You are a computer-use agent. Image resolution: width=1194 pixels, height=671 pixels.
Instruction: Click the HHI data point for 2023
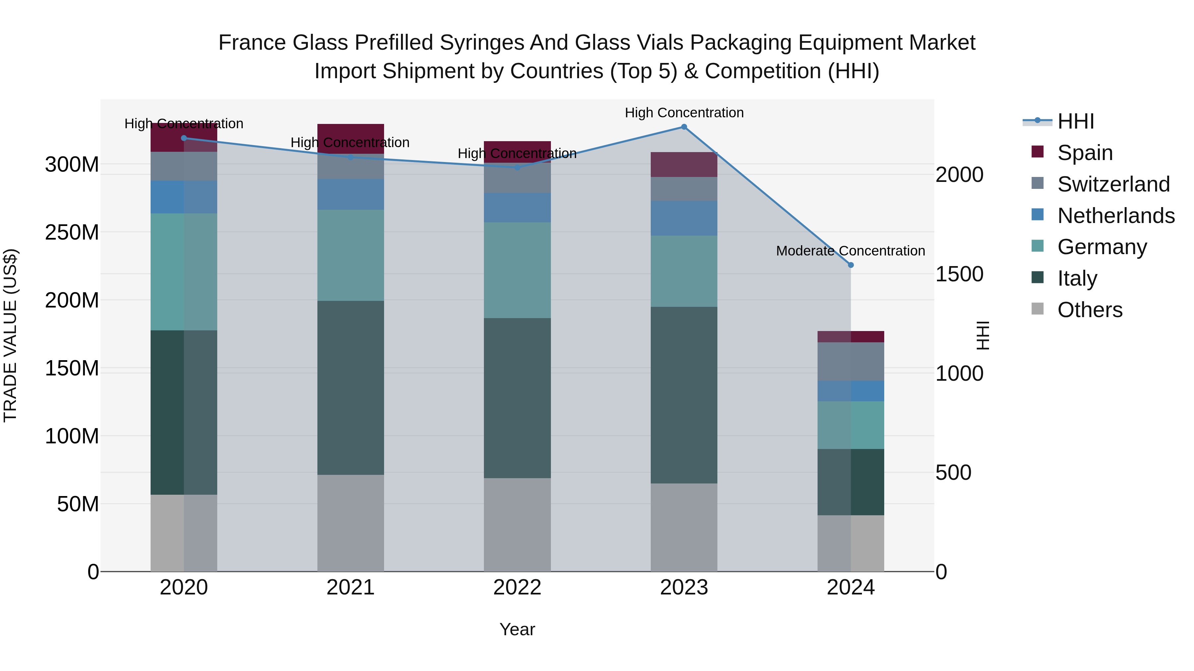(x=684, y=127)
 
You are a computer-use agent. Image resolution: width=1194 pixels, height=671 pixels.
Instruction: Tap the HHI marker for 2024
(x=850, y=265)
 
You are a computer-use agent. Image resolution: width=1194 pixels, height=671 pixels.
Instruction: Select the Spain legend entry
(x=1085, y=153)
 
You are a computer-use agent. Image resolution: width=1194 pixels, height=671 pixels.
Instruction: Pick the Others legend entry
(x=1089, y=310)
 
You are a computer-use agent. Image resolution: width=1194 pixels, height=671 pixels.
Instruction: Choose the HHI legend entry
(x=1075, y=121)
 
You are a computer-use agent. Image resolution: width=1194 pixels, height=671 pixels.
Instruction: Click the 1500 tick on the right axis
(x=959, y=274)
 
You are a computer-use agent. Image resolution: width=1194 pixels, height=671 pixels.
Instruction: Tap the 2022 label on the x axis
(x=517, y=587)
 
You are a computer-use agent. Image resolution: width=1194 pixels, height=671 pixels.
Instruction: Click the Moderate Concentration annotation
(x=850, y=251)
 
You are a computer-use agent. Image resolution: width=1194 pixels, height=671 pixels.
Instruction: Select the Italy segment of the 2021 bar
(x=351, y=388)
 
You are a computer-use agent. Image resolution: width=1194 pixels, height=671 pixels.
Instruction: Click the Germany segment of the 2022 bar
(x=517, y=270)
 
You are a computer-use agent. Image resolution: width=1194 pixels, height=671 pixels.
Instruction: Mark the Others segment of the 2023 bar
(x=684, y=528)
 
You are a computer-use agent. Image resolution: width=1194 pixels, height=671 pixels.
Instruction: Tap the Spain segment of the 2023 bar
(x=684, y=164)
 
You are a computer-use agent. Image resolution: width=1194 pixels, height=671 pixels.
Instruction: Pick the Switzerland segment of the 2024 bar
(x=850, y=362)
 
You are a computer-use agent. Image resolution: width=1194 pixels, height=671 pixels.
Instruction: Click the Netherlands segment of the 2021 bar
(x=351, y=195)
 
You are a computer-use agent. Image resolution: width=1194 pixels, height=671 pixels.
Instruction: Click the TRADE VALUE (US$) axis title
(x=10, y=335)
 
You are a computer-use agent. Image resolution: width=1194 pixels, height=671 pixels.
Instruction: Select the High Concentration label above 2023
(x=684, y=113)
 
